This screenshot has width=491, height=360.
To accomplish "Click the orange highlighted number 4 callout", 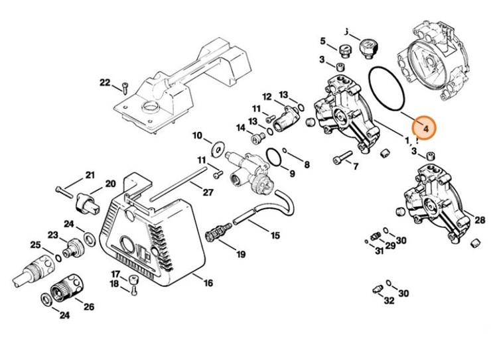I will pos(423,127).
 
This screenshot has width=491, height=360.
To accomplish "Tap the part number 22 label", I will pos(105,82).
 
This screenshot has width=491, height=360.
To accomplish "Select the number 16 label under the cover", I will pos(208,283).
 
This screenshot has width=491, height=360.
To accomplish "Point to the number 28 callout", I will pos(480,219).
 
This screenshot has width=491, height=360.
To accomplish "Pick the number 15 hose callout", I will pos(275,235).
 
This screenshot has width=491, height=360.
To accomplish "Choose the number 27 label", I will pos(207,193).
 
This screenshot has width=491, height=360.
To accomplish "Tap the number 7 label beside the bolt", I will pos(356,166).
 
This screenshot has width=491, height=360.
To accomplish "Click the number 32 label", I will pos(389,300).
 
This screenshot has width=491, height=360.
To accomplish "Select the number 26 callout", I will pos(89,306).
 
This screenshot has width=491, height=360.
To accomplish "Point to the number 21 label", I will pos(90,175).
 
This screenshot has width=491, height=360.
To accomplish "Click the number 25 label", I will pos(35,245).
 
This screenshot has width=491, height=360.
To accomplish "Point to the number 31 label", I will pos(379,251).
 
